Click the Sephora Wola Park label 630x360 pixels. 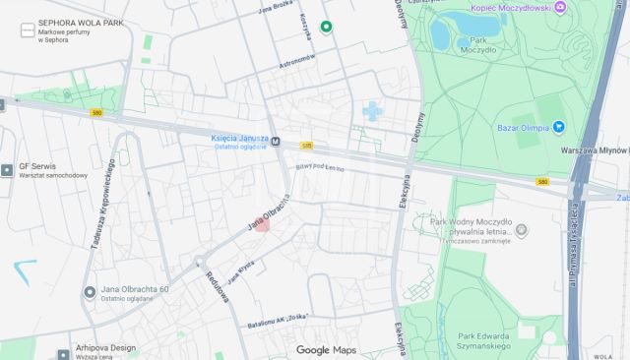(81, 22)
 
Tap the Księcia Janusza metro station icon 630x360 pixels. (277, 140)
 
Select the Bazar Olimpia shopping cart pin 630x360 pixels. (558, 126)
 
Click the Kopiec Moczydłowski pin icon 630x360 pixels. (561, 8)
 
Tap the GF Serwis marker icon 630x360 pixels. (8, 169)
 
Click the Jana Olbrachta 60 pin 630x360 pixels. (90, 292)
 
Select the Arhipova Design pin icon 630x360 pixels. (66, 349)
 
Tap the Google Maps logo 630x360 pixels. (326, 350)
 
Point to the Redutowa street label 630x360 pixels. (218, 284)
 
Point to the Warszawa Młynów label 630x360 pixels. (594, 151)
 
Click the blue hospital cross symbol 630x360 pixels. (372, 110)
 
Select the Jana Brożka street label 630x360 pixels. (277, 13)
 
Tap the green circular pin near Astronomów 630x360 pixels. (326, 27)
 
